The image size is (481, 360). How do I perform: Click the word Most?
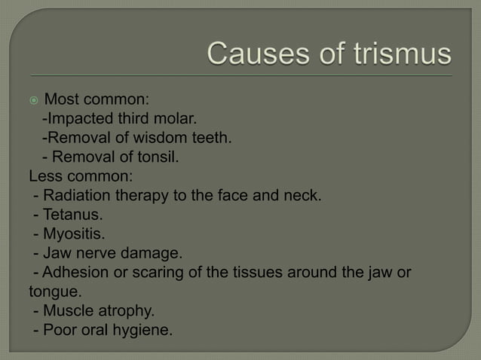61,99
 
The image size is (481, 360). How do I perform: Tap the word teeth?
207,138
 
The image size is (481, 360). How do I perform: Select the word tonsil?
155,157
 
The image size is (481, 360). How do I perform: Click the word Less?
44,177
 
